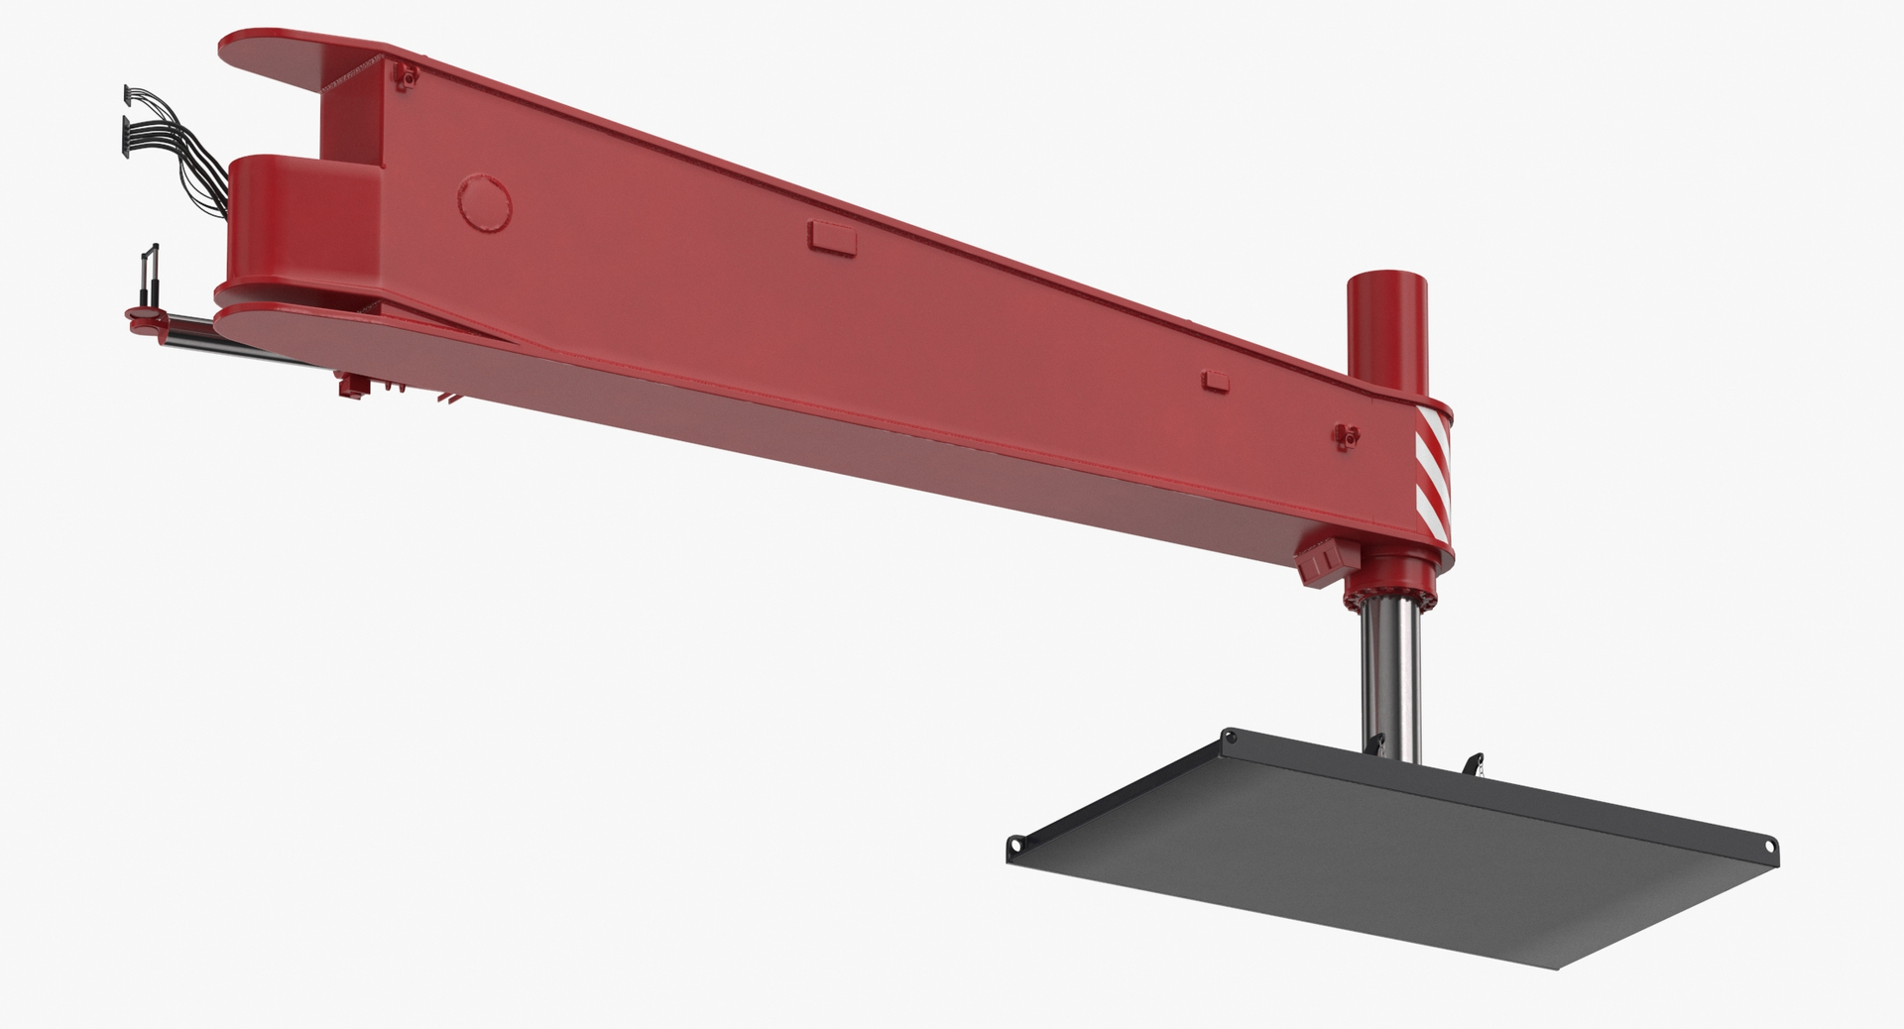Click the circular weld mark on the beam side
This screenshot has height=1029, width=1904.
click(x=487, y=201)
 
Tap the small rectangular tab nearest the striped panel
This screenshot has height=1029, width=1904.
click(x=1216, y=380)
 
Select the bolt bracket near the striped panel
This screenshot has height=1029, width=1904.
click(x=1345, y=434)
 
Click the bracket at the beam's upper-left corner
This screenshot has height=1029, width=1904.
click(x=403, y=75)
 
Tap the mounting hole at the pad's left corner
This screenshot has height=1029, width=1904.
click(x=1015, y=845)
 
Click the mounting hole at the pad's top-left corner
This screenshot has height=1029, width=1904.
click(x=1231, y=737)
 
